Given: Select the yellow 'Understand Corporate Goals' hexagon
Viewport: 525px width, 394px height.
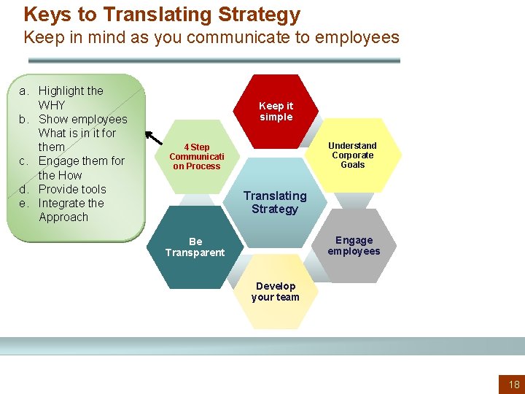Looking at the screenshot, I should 353,155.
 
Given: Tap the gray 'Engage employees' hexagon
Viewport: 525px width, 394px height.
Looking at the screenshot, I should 354,246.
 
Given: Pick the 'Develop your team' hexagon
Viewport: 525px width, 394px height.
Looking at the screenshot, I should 275,291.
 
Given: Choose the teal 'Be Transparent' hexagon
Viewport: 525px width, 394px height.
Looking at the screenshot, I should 195,247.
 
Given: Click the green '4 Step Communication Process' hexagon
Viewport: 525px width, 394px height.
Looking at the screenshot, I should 196,156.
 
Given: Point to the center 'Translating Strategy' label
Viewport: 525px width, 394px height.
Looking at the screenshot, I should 275,202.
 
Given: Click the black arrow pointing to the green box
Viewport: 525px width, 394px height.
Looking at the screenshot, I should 154,138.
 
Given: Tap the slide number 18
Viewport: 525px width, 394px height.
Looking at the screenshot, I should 514,385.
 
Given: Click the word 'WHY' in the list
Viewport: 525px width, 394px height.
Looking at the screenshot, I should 52,105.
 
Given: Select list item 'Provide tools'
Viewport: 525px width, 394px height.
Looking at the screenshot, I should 72,189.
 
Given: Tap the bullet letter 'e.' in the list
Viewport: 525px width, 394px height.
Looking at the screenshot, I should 24,204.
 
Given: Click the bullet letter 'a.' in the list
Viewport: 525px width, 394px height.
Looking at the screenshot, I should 24,91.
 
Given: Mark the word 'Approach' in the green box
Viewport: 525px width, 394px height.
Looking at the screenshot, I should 63,217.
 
